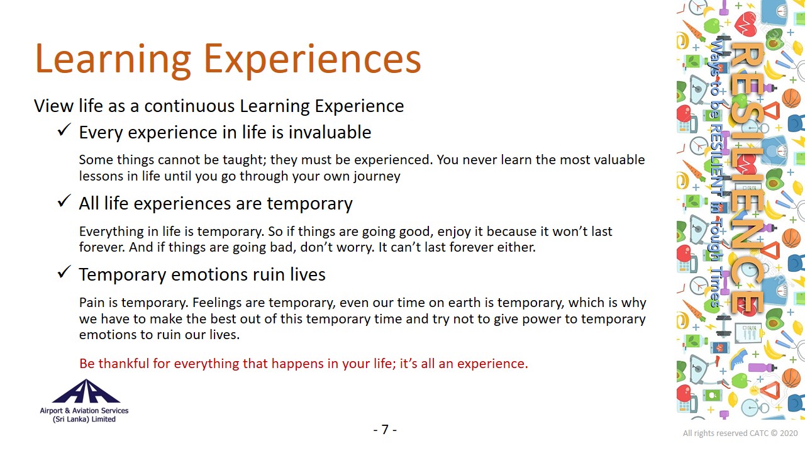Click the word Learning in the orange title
[x=113, y=59]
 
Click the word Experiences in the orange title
[x=313, y=59]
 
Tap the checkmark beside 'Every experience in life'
[x=64, y=130]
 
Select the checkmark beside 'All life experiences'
[x=64, y=201]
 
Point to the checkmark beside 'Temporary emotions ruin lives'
[x=64, y=272]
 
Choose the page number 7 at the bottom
[x=385, y=430]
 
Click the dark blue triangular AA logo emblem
[x=86, y=391]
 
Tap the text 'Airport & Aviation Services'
[x=84, y=411]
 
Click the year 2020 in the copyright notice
[x=789, y=433]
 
